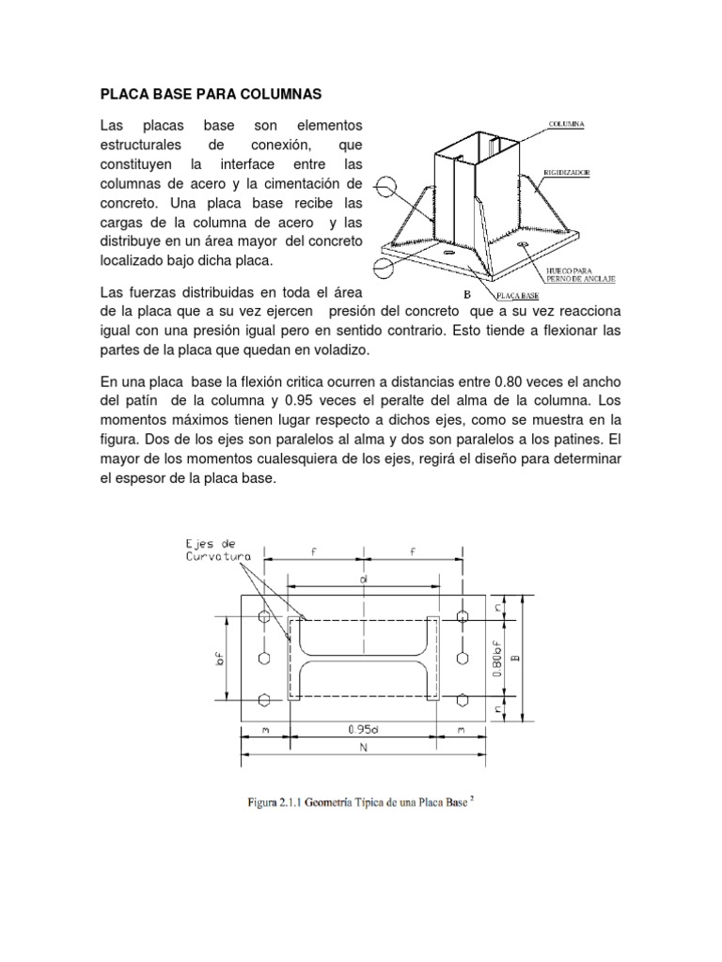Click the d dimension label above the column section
[x=362, y=582]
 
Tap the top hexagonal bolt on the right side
[x=461, y=616]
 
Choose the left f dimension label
[x=313, y=554]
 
